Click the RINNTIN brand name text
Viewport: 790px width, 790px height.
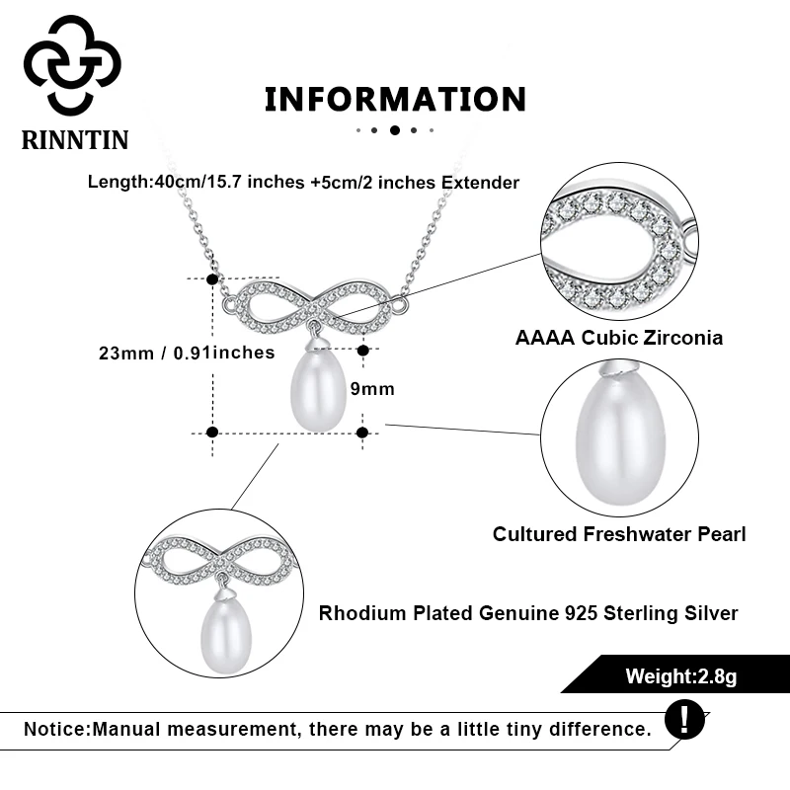point(75,140)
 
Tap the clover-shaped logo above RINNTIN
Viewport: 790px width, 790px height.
point(72,66)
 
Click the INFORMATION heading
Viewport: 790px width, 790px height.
point(395,99)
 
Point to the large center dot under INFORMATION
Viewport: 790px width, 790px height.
point(395,129)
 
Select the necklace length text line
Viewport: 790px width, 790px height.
point(303,182)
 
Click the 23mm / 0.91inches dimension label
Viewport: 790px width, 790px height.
point(187,353)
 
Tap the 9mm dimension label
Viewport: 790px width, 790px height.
point(373,389)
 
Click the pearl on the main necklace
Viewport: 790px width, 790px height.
point(317,392)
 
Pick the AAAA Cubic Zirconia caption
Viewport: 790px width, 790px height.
point(619,338)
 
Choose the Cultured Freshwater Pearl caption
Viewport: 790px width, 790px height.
point(619,534)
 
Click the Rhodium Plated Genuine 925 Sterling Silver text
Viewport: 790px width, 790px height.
point(528,613)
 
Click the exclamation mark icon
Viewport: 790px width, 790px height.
point(684,718)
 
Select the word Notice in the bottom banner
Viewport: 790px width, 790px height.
point(55,730)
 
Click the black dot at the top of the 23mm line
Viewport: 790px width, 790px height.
point(211,279)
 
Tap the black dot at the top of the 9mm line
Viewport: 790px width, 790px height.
point(363,350)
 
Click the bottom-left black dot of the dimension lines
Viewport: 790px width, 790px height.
point(211,432)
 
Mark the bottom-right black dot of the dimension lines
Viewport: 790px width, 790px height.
point(362,432)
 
